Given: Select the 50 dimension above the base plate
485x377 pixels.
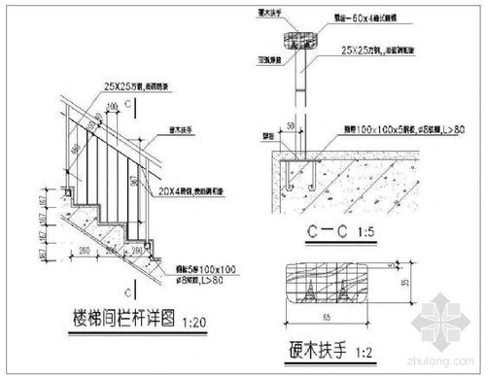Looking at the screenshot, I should (290, 127).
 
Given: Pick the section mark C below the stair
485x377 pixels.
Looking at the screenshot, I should (127, 289).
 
